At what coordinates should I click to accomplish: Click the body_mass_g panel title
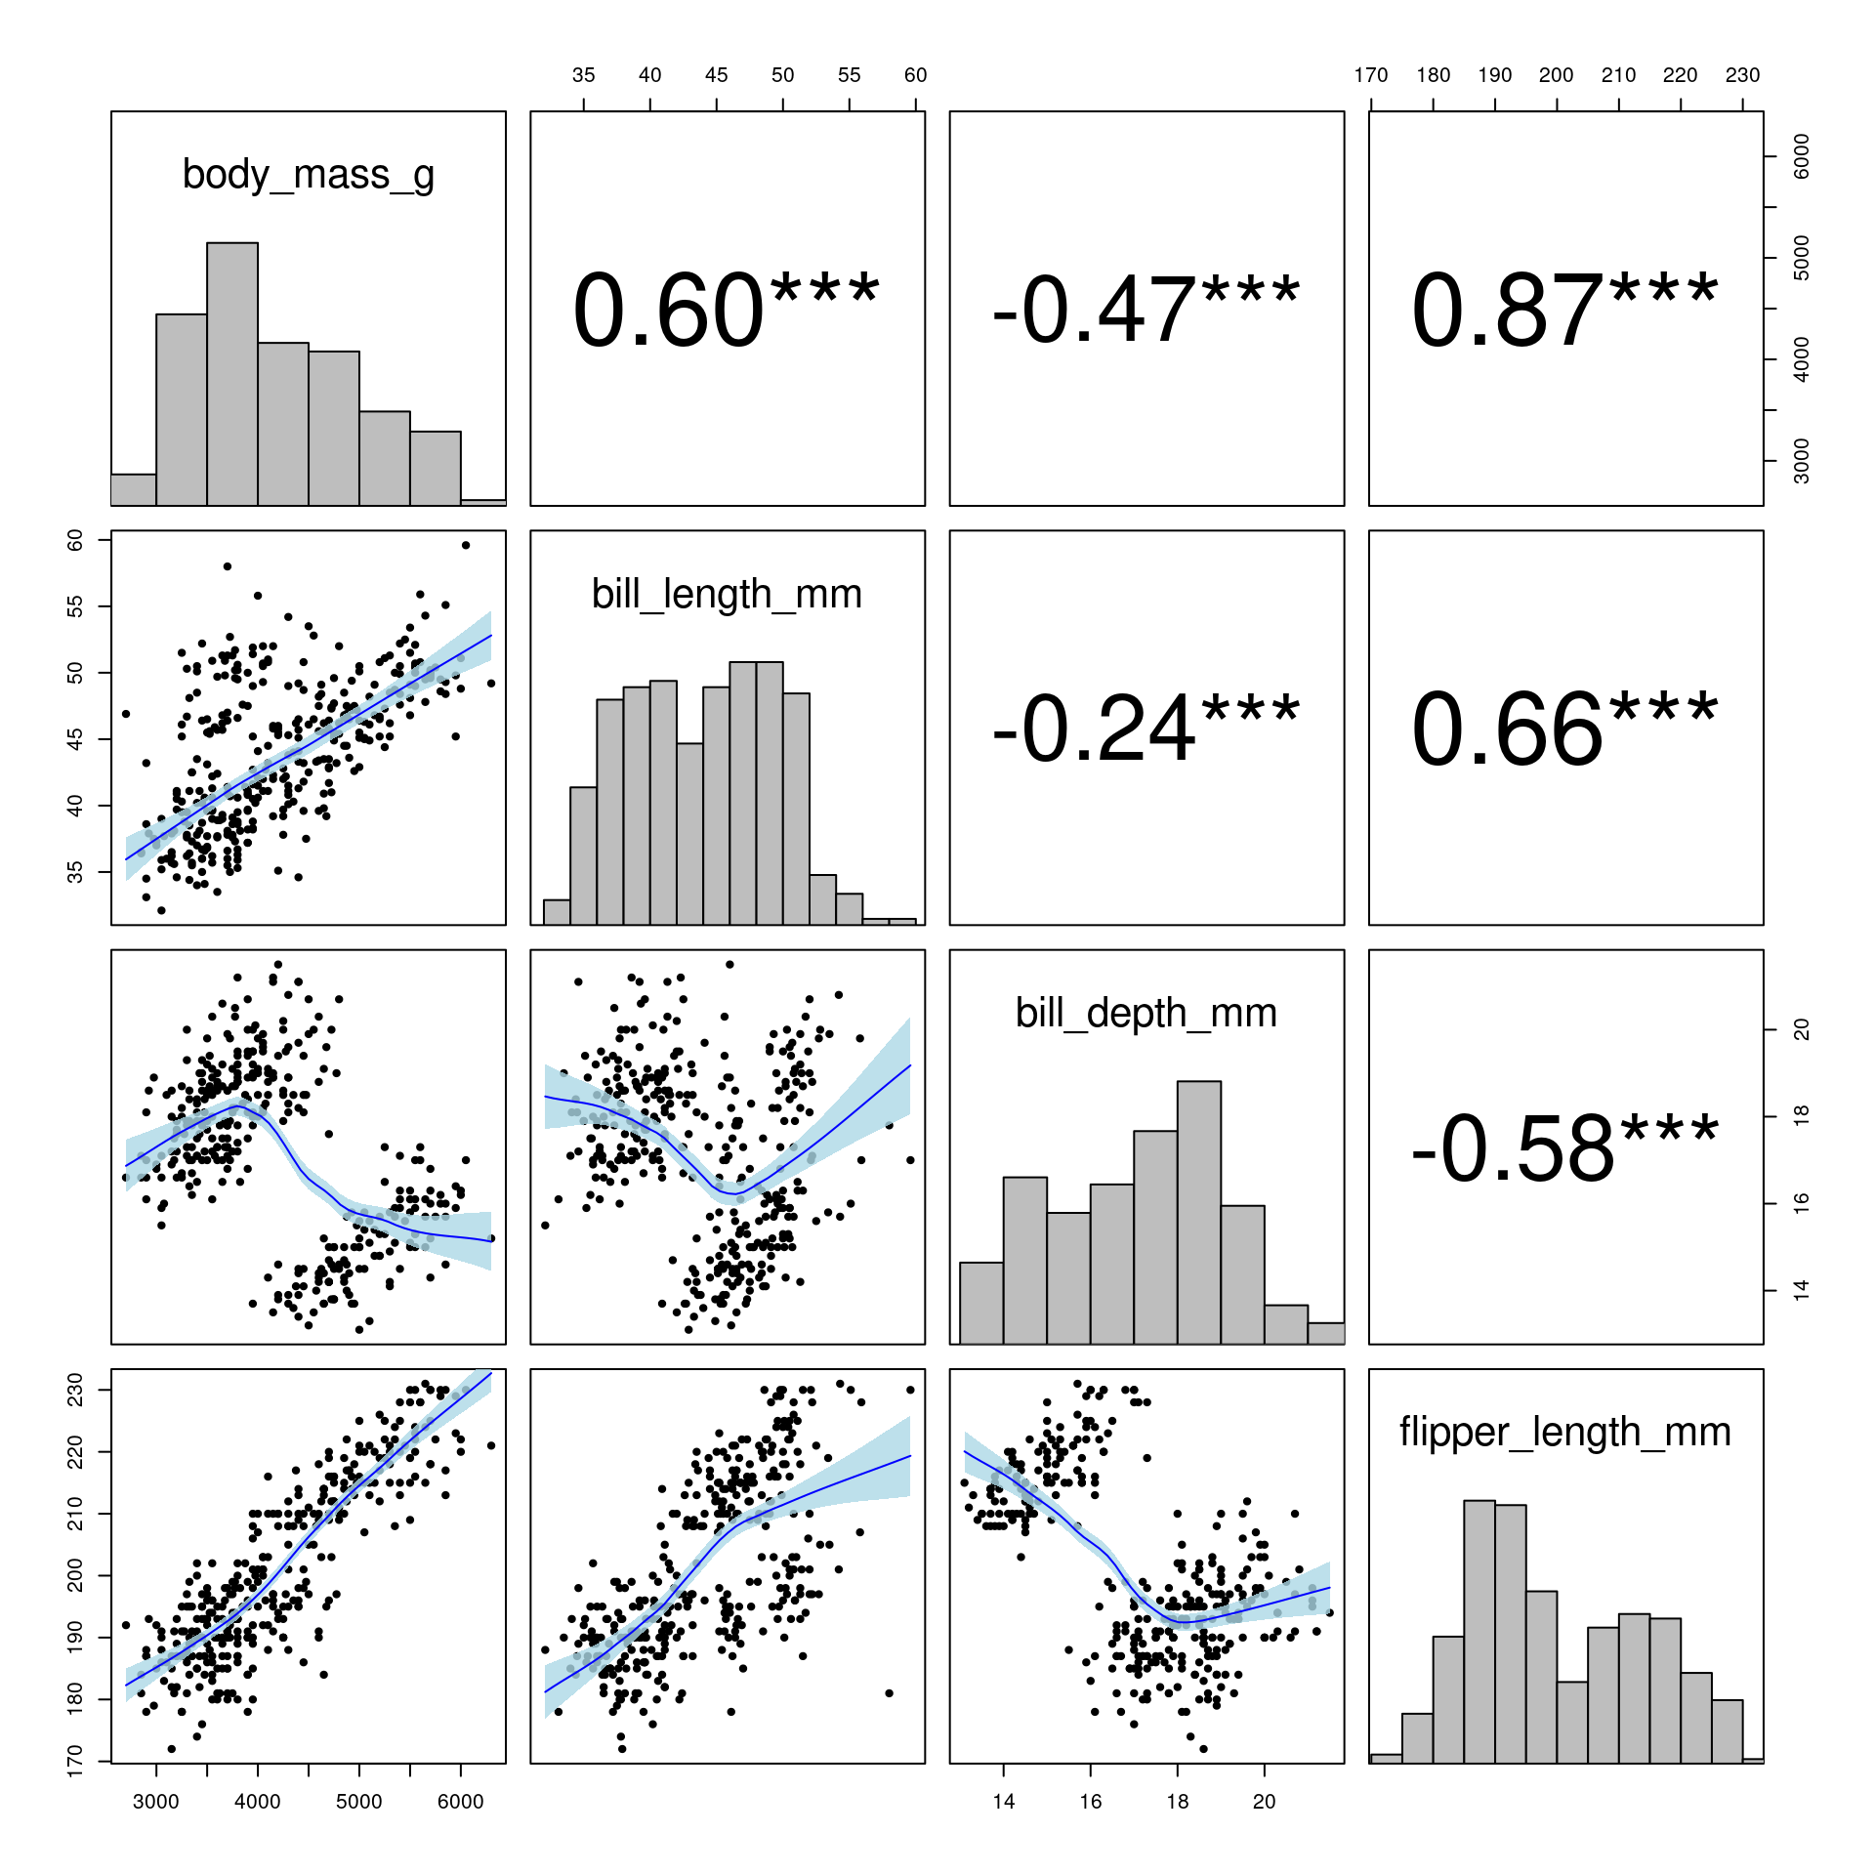308,176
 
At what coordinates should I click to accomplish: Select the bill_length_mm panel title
727,595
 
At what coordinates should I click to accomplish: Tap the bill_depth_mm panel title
1146,1014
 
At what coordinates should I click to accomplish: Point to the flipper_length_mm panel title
1564,1433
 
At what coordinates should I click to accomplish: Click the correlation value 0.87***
1564,311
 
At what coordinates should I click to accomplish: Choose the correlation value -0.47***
1146,311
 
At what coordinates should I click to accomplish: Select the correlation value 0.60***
727,311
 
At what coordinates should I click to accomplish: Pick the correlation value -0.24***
1146,729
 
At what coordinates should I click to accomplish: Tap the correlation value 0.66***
1564,729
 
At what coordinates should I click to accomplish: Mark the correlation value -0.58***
1564,1148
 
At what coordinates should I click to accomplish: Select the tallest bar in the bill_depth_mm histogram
1199,1212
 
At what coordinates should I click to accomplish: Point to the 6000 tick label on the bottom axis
460,1802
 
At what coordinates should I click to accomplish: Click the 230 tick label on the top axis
1742,75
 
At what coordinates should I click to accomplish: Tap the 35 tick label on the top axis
583,75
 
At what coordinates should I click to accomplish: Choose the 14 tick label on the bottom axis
1003,1802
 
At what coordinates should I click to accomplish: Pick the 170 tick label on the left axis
75,1762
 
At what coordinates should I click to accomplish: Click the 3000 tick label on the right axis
1802,460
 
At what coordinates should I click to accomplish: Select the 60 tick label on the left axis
75,540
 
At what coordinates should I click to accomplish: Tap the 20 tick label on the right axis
1802,1029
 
